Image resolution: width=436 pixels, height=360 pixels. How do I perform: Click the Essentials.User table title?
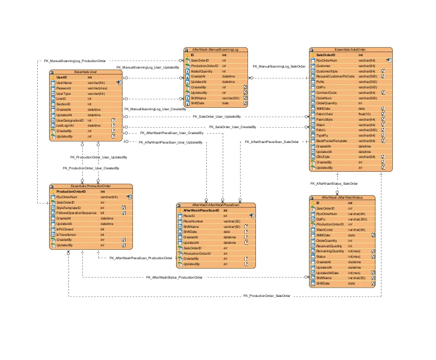click(x=85, y=72)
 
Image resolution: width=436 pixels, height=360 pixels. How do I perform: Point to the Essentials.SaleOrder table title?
click(x=351, y=50)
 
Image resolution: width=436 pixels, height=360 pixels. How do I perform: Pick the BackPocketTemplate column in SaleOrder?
click(x=331, y=141)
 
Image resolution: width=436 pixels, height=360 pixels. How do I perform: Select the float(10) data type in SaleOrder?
click(x=366, y=114)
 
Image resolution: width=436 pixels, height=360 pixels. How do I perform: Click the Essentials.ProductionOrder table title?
click(x=90, y=186)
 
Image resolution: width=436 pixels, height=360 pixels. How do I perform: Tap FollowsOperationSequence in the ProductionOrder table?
click(x=76, y=213)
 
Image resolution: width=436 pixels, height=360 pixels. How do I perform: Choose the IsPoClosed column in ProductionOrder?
click(x=64, y=229)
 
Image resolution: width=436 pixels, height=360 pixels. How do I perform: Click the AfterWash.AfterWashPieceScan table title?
click(x=216, y=205)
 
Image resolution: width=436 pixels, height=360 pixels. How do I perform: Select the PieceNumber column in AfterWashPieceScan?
click(x=194, y=221)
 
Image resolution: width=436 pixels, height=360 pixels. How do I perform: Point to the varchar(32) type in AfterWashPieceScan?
click(x=232, y=221)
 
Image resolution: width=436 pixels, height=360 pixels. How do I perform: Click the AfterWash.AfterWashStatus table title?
click(x=342, y=198)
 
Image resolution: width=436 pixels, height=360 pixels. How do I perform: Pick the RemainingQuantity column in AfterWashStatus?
click(x=330, y=251)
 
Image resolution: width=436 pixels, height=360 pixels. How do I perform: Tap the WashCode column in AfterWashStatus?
click(x=324, y=230)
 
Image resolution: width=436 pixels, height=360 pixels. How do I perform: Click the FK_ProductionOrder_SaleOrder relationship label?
click(x=267, y=295)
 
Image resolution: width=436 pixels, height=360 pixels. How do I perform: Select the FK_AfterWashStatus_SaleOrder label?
click(x=334, y=183)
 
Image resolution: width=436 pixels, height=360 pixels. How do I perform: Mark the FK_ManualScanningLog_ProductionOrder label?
click(x=75, y=61)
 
